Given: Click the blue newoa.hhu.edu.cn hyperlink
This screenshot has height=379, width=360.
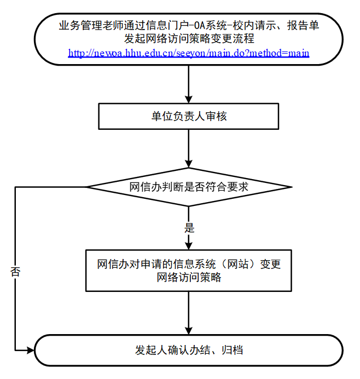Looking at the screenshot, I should point(189,53).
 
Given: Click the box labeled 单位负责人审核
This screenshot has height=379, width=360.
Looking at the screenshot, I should point(189,116).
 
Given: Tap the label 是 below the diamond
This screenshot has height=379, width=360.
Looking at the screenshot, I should point(189,228).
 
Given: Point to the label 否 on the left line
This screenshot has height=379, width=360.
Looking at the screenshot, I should point(15,272).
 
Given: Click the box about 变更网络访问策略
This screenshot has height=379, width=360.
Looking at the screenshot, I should point(189,271).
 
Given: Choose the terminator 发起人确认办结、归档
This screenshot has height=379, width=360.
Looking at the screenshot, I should point(189,350).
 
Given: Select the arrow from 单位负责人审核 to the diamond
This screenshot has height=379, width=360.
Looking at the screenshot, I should point(189,148).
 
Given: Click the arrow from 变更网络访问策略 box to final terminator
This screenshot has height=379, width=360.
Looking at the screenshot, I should point(189,312).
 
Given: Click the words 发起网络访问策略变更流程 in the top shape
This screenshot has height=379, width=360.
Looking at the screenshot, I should point(189,39).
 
